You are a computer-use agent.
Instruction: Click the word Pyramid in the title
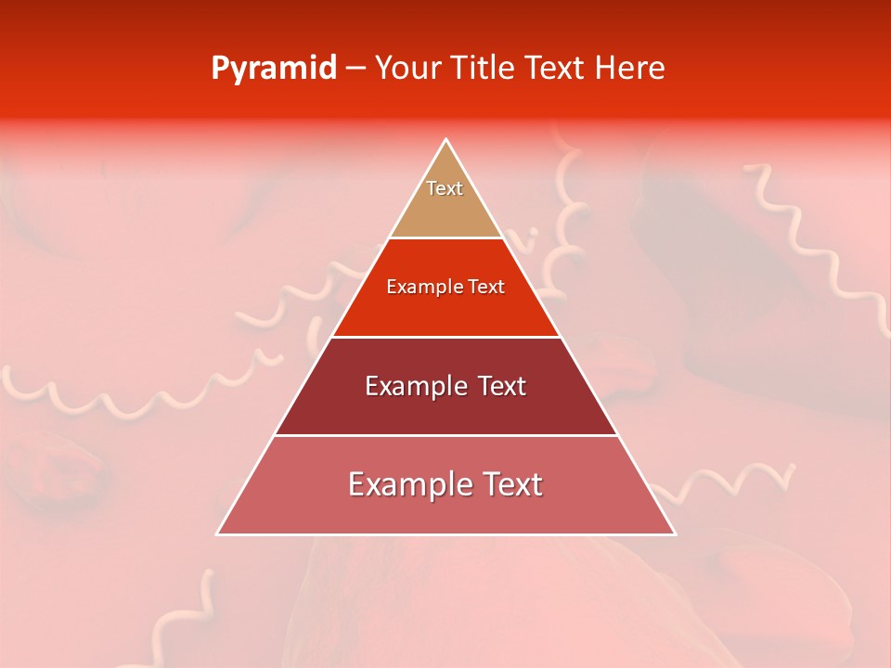pyautogui.click(x=273, y=69)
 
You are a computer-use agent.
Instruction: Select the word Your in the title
pyautogui.click(x=407, y=69)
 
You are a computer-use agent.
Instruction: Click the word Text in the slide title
pyautogui.click(x=556, y=69)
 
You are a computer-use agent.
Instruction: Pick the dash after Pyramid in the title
pyautogui.click(x=355, y=69)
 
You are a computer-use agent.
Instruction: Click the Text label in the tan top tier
pyautogui.click(x=445, y=188)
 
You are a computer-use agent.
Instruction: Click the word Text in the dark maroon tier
pyautogui.click(x=503, y=386)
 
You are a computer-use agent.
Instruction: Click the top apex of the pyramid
pyautogui.click(x=446, y=140)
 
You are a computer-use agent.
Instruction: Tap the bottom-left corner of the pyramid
pyautogui.click(x=218, y=533)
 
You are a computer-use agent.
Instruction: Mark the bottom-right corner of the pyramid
pyautogui.click(x=674, y=533)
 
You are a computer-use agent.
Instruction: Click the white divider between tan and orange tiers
pyautogui.click(x=446, y=238)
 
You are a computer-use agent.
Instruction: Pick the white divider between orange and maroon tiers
pyautogui.click(x=446, y=337)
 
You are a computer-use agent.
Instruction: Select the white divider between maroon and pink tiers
pyautogui.click(x=446, y=435)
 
